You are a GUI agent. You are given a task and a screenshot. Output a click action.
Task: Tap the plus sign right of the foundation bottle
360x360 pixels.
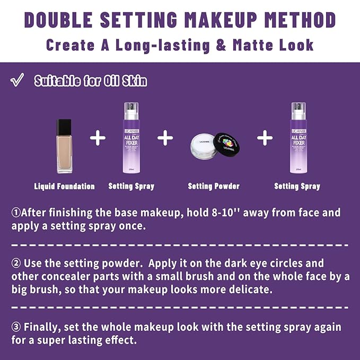point(98,138)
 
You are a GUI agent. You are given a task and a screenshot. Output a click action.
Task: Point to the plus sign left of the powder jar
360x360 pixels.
point(165,138)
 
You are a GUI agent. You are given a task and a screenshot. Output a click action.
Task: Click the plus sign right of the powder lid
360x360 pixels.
point(265,138)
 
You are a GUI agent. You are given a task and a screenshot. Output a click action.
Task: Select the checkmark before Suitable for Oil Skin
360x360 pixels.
point(17,81)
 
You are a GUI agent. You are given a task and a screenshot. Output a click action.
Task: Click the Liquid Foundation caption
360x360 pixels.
point(64,186)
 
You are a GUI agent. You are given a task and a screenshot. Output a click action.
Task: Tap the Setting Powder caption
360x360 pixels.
point(214,186)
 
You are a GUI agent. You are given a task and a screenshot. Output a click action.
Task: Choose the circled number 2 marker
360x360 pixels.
point(16,264)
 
